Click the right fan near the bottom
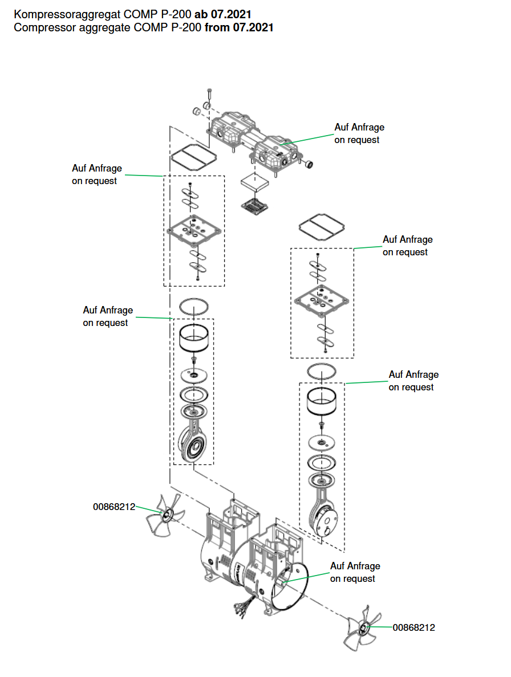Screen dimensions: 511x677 [362, 628]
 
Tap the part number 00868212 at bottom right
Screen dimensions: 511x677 [414, 627]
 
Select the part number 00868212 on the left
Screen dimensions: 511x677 [114, 507]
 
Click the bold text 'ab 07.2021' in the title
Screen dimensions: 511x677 [223, 14]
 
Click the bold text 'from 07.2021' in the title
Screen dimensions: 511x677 [239, 27]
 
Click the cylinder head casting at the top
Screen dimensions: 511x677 [254, 140]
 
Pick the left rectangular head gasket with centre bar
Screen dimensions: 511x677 [193, 157]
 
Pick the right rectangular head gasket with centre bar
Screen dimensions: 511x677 [322, 226]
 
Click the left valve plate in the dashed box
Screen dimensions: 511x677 [194, 230]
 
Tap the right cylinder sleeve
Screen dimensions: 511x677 [322, 402]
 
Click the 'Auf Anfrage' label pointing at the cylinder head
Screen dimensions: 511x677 [359, 128]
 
